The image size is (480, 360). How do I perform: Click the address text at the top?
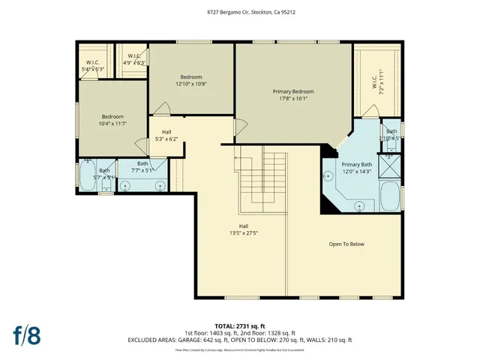pos(239,12)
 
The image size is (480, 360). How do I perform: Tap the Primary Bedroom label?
pos(292,94)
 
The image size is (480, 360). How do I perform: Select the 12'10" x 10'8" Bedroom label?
pos(191,80)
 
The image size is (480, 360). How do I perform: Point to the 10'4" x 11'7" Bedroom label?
pos(113,120)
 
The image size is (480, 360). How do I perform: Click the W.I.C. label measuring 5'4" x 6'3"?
pos(94,66)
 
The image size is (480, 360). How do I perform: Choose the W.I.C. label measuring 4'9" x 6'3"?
pos(135,60)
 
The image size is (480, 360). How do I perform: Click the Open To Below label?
pos(346,244)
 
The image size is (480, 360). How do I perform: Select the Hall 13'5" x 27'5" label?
pos(244,229)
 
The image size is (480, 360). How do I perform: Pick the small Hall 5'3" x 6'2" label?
pos(166,135)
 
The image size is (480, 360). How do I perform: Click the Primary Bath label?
pos(356,168)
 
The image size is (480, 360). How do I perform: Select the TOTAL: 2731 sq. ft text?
pos(240,326)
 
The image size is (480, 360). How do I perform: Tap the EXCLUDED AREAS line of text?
pos(240,340)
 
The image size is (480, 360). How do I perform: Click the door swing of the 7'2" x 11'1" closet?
pos(370,112)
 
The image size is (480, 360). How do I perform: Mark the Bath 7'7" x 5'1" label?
pos(143,167)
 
